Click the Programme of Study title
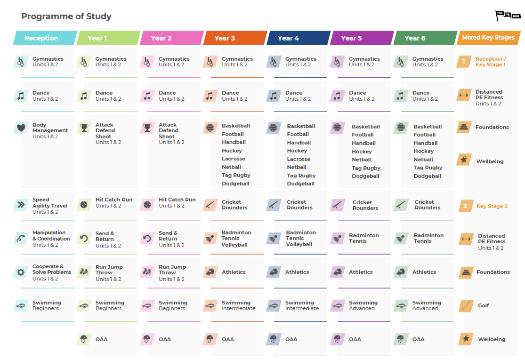(x=66, y=16)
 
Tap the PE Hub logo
(x=508, y=16)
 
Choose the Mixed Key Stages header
(x=488, y=38)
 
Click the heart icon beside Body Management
(x=21, y=128)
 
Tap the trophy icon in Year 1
(x=84, y=128)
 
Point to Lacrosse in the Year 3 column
(x=234, y=159)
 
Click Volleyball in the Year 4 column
(x=299, y=244)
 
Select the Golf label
(x=484, y=305)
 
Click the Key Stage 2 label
(x=492, y=206)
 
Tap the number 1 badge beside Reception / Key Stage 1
(x=464, y=62)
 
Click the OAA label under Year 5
(x=355, y=339)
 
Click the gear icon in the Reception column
(x=21, y=272)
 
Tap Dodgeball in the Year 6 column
(x=427, y=176)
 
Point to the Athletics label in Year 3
(x=234, y=272)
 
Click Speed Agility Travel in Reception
(x=49, y=206)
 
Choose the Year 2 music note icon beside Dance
(x=147, y=96)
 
